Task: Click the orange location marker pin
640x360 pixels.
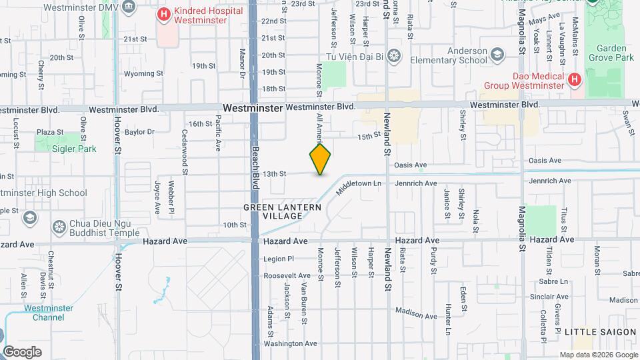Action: pos(320,159)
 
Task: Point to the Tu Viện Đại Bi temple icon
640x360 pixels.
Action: pos(394,55)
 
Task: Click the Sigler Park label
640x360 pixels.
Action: pos(74,149)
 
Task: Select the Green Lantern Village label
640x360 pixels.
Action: pos(282,212)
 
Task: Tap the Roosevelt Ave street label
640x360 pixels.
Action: pos(287,275)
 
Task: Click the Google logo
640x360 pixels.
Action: pos(22,351)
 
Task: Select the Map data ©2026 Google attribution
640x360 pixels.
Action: pos(598,355)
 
